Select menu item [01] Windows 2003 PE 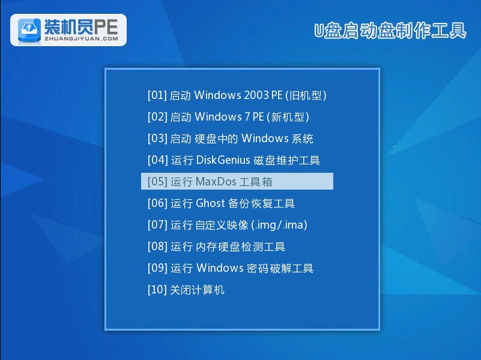(237, 95)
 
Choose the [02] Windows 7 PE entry (228, 117)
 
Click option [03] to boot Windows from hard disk (230, 139)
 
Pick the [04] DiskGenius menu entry (234, 160)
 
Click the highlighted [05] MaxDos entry (237, 182)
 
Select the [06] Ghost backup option (221, 203)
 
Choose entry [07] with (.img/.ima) (227, 225)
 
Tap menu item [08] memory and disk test (216, 247)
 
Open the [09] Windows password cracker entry (230, 268)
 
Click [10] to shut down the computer (186, 290)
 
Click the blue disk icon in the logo (29, 29)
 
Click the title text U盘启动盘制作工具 (390, 31)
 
